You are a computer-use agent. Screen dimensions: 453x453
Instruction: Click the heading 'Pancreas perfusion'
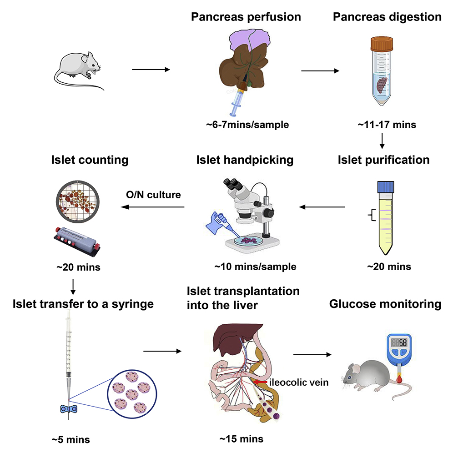tap(246, 17)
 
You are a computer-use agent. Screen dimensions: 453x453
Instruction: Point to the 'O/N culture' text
tap(153, 195)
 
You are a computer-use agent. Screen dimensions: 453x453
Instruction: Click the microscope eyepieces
tap(233, 183)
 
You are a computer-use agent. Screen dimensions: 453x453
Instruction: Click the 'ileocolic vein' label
tap(299, 383)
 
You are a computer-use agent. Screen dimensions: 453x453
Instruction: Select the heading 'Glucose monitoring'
tap(386, 304)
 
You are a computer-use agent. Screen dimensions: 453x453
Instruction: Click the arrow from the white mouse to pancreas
tap(150, 70)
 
